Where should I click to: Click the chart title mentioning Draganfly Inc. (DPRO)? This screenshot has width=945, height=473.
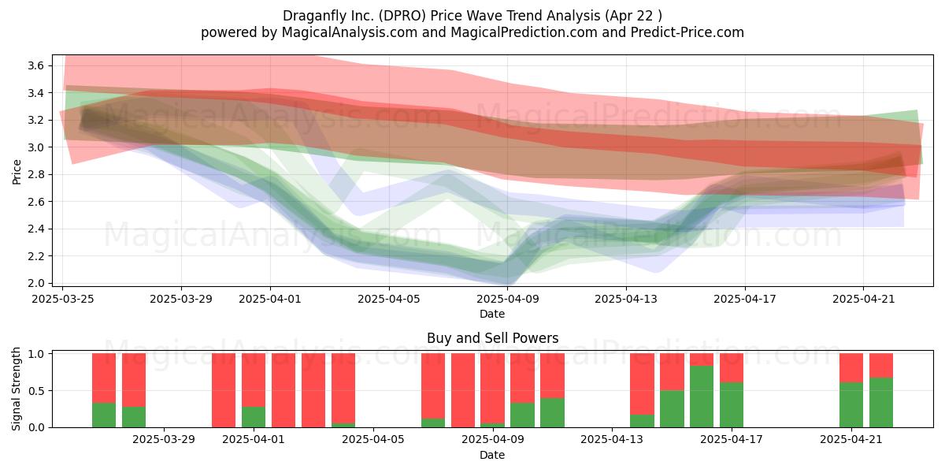[x=472, y=16]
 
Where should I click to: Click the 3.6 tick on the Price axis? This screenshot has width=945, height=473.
[x=35, y=65]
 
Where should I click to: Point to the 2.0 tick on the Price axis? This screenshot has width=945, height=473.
[x=35, y=283]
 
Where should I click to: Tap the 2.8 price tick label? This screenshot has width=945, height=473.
[x=35, y=174]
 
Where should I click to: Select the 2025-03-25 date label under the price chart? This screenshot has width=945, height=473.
[x=63, y=299]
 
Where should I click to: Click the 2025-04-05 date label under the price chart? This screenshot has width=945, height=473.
[x=389, y=299]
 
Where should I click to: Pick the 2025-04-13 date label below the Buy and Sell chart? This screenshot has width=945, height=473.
[x=612, y=440]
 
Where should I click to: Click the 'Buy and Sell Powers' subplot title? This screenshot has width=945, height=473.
[x=492, y=338]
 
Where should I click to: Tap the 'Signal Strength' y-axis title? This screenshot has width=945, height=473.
[x=16, y=389]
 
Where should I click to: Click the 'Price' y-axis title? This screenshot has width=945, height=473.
[x=17, y=172]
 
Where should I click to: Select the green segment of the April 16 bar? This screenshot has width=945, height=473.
[x=702, y=397]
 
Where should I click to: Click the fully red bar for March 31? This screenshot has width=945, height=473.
[x=224, y=390]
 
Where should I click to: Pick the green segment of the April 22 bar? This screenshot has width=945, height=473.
[x=881, y=403]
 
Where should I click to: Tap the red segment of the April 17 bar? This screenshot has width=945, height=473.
[x=732, y=368]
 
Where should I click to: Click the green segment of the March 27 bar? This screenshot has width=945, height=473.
[x=104, y=415]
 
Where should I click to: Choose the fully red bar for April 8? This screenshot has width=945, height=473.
[x=463, y=390]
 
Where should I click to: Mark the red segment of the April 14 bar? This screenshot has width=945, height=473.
[x=642, y=384]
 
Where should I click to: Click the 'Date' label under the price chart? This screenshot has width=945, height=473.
[x=492, y=314]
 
